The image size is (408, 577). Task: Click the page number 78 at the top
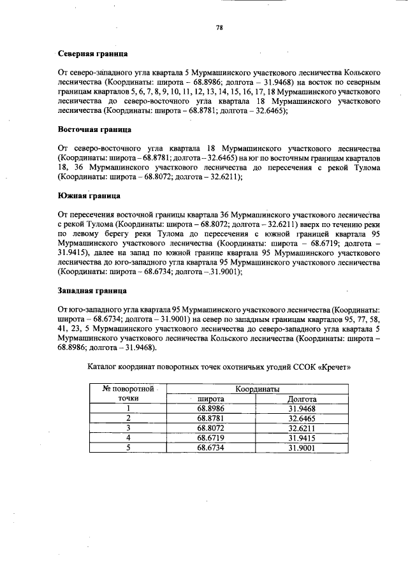click(x=219, y=27)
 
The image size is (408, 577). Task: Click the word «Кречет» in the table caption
click(x=335, y=368)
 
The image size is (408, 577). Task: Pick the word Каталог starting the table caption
click(x=103, y=368)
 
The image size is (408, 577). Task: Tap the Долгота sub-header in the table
click(x=303, y=399)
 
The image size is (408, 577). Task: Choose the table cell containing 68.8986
click(x=210, y=409)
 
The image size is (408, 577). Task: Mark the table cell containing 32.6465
click(x=302, y=418)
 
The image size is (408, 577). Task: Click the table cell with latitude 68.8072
click(x=210, y=428)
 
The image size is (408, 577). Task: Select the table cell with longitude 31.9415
click(x=302, y=438)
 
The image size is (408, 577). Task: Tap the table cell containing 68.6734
click(x=210, y=448)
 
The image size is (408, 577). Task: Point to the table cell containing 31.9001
click(x=302, y=448)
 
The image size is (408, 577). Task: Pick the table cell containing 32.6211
click(x=302, y=428)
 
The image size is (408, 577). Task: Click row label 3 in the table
click(x=129, y=428)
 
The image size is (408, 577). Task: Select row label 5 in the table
click(x=129, y=448)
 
